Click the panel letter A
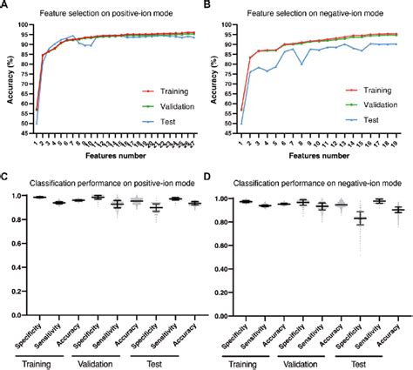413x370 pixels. pyautogui.click(x=6, y=6)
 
